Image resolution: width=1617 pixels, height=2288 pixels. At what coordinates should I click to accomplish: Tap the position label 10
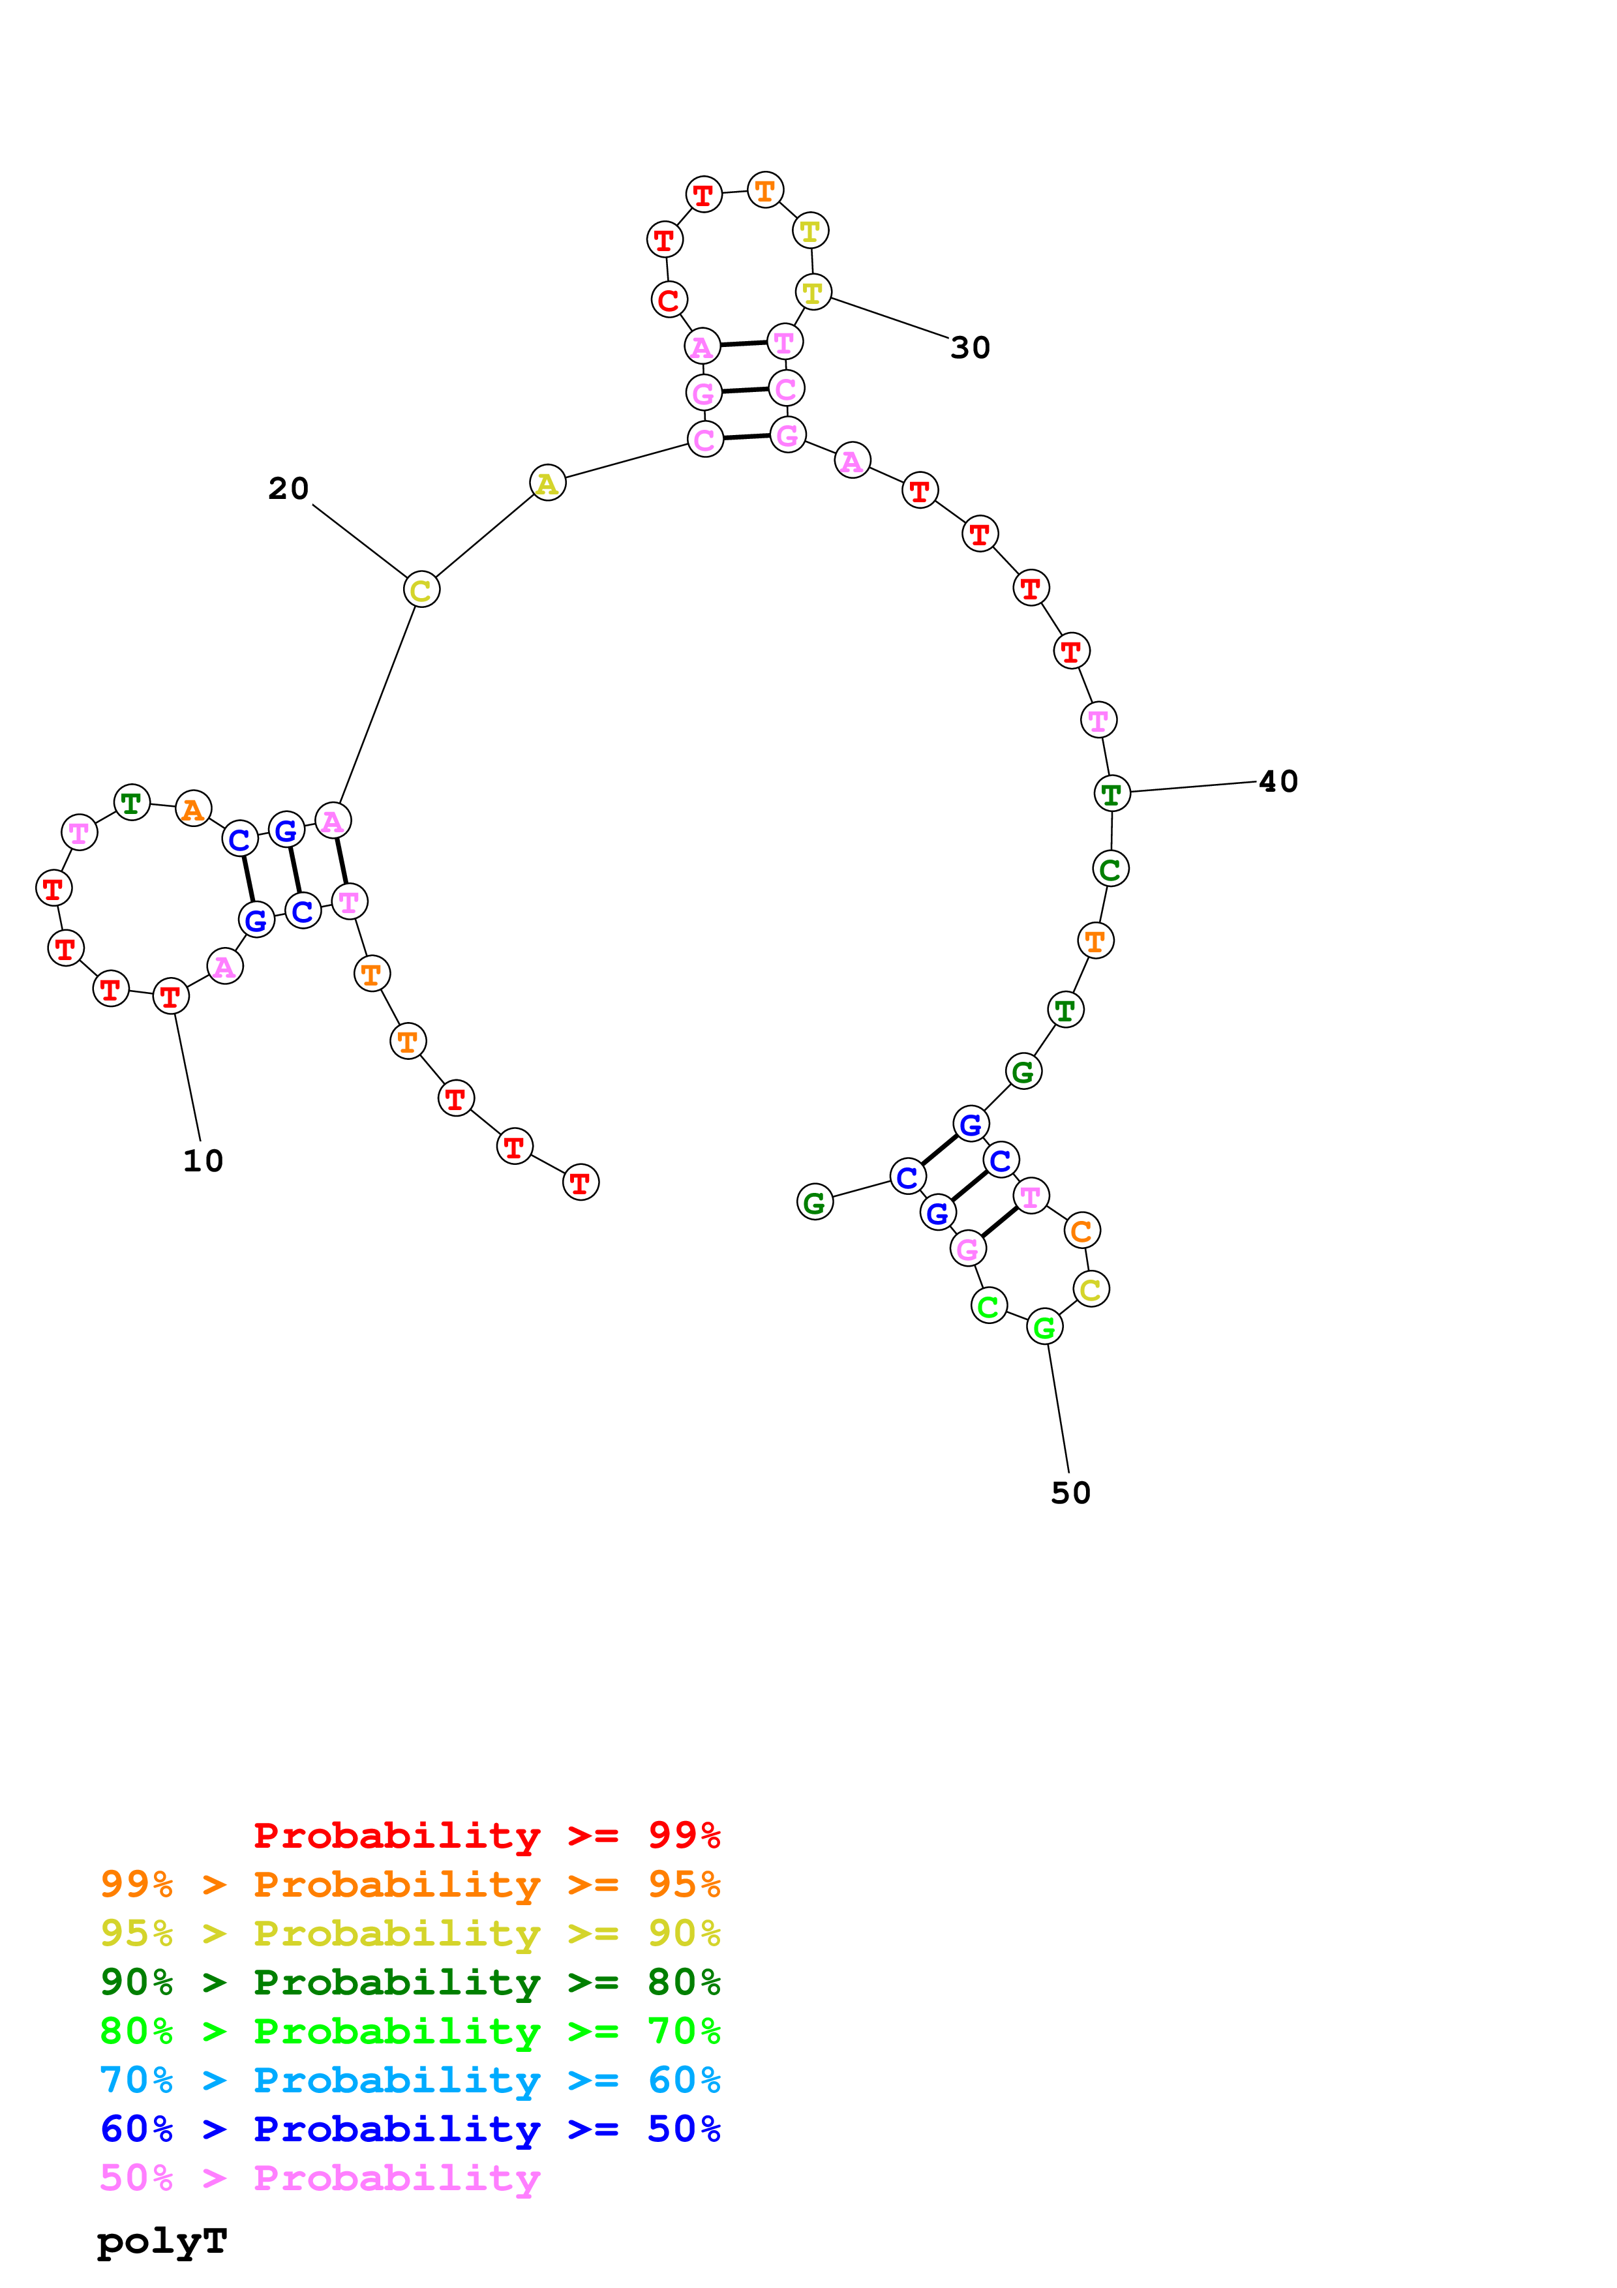point(204,1161)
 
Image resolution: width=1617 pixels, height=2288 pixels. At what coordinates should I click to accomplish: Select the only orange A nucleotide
point(193,809)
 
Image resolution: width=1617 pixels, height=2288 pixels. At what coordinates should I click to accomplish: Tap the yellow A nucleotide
point(547,483)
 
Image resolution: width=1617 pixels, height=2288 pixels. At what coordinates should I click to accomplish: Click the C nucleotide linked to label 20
point(421,590)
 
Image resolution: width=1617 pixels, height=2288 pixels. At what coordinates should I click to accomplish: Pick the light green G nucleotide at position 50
point(1044,1327)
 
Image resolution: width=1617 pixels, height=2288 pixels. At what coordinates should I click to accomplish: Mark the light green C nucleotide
point(988,1306)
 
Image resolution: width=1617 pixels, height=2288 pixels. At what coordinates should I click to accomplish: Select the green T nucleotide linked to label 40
point(1112,794)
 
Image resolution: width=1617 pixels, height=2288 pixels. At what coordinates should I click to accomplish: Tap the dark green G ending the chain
point(815,1203)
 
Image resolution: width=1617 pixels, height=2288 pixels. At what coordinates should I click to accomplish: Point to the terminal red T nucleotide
point(581,1183)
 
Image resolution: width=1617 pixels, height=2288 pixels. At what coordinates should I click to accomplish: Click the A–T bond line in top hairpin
point(743,344)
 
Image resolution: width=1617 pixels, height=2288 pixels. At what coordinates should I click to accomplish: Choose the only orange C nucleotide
point(1082,1231)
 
